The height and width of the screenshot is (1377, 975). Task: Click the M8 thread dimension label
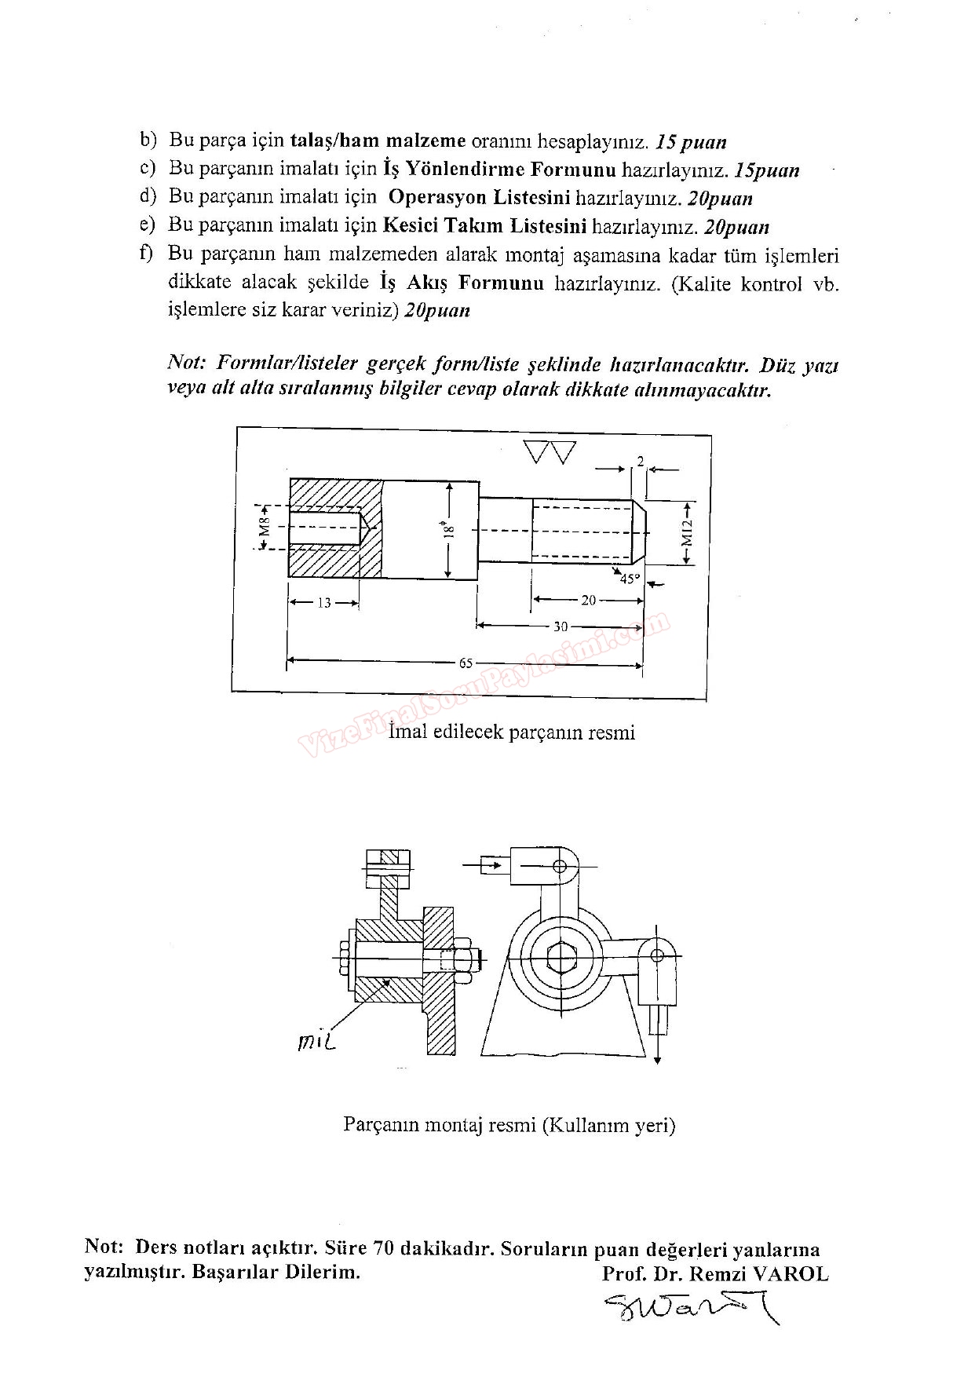click(x=265, y=526)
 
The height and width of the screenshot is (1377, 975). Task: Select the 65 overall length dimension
click(x=466, y=663)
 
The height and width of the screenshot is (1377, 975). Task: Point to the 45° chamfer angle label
click(x=630, y=579)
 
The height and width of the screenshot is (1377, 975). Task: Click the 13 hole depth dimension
click(x=324, y=604)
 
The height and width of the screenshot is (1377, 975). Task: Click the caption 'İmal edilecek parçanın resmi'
click(x=512, y=732)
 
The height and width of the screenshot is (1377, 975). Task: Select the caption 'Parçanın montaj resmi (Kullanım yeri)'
click(x=509, y=1125)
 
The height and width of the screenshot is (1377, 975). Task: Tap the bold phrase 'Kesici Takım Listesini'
click(x=485, y=226)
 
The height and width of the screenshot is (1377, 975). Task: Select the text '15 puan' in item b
click(x=692, y=142)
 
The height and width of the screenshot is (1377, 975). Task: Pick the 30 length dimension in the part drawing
click(x=561, y=626)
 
